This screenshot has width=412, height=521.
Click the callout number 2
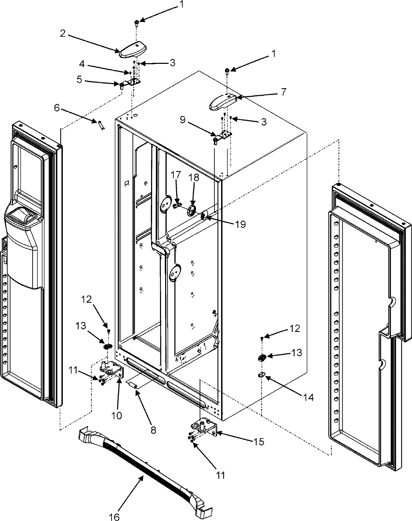[62, 34]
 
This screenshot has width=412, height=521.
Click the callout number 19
[241, 224]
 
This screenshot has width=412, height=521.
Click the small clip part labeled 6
[101, 125]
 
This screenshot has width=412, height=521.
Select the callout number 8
[153, 429]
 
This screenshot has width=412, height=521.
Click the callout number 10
[117, 415]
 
